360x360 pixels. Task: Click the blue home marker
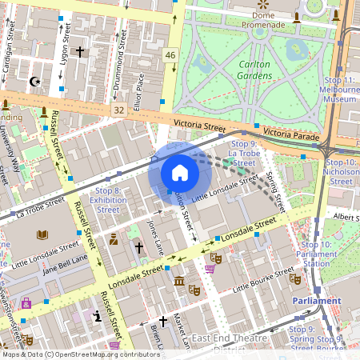click(x=180, y=173)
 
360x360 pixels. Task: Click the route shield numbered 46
click(x=170, y=54)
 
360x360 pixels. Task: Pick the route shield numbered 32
click(x=118, y=109)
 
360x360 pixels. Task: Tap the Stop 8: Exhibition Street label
click(x=107, y=200)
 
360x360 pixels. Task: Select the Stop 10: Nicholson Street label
click(x=341, y=172)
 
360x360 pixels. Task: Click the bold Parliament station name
click(x=316, y=300)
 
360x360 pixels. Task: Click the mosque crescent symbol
click(x=34, y=81)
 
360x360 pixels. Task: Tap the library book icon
click(x=42, y=234)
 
